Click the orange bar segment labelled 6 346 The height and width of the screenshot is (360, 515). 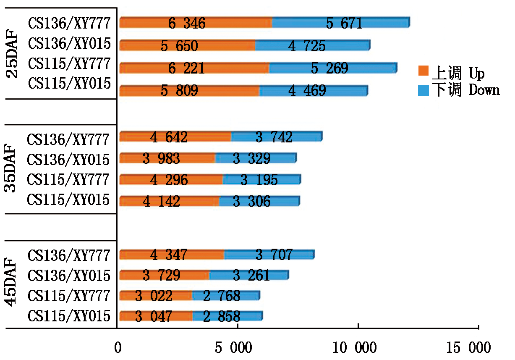(196, 23)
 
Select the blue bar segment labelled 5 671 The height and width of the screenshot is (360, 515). (341, 23)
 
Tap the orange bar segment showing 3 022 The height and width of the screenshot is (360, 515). (156, 296)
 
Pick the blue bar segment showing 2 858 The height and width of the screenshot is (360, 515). (227, 316)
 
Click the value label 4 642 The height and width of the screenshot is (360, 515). (169, 137)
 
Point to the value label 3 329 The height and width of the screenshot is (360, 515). (251, 158)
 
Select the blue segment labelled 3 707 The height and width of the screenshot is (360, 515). (269, 255)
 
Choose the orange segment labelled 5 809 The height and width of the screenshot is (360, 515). (189, 90)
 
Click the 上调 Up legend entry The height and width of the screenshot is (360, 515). (452, 73)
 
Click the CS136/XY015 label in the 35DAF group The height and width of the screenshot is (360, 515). (68, 159)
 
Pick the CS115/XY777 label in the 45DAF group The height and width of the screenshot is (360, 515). (69, 296)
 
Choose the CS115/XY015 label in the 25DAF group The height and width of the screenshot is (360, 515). (69, 83)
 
